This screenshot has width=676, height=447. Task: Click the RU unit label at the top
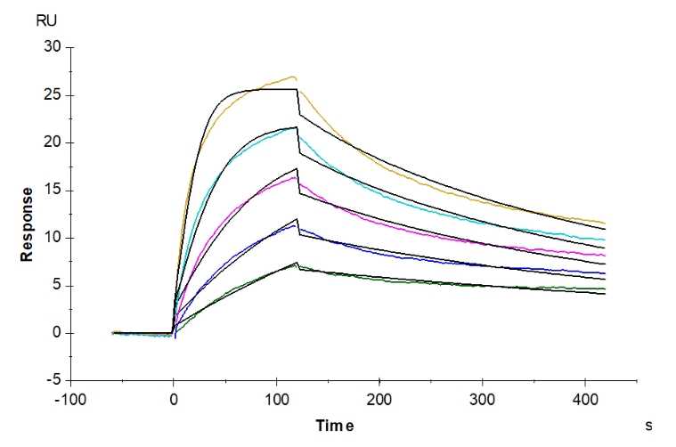click(x=45, y=20)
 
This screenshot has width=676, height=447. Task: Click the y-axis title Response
click(x=28, y=223)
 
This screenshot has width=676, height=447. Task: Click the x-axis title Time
click(x=335, y=426)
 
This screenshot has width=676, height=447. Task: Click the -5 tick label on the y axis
click(x=50, y=380)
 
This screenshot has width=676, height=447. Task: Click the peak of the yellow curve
click(x=293, y=77)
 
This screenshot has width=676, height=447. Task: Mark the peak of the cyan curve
click(x=295, y=127)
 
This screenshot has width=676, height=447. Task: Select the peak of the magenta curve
click(x=295, y=177)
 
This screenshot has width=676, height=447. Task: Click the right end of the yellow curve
click(x=605, y=223)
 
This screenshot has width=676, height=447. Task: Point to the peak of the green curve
click(x=297, y=264)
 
